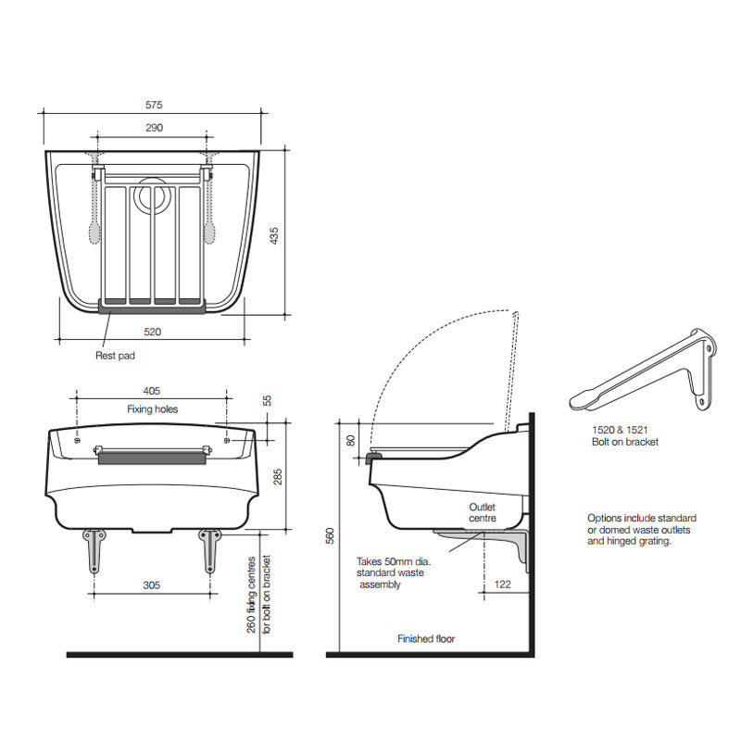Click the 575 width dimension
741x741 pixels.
click(x=152, y=106)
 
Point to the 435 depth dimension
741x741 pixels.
click(x=274, y=237)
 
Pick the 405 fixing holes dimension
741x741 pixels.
click(x=152, y=391)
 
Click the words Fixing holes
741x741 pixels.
click(x=152, y=408)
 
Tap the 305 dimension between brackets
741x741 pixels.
click(x=152, y=584)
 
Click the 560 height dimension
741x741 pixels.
click(x=331, y=537)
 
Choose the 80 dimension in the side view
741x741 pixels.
click(x=351, y=439)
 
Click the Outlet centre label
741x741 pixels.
click(x=483, y=512)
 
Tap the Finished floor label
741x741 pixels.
click(x=426, y=639)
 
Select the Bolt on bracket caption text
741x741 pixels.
click(x=625, y=442)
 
